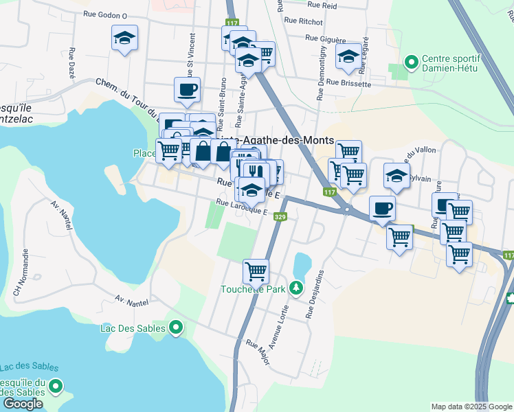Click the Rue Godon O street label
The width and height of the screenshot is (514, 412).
pyautogui.click(x=105, y=14)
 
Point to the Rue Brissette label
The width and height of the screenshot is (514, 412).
pyautogui.click(x=348, y=83)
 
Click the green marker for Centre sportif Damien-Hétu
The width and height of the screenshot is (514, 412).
pyautogui.click(x=412, y=63)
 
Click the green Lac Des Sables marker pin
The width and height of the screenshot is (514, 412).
pyautogui.click(x=176, y=328)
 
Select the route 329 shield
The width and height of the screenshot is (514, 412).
pyautogui.click(x=280, y=217)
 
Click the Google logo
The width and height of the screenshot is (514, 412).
pyautogui.click(x=23, y=404)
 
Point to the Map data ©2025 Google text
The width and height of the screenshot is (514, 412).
pyautogui.click(x=471, y=407)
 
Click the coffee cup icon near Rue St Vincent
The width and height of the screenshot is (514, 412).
pyautogui.click(x=188, y=89)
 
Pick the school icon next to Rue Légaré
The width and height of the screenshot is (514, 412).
pyautogui.click(x=348, y=57)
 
